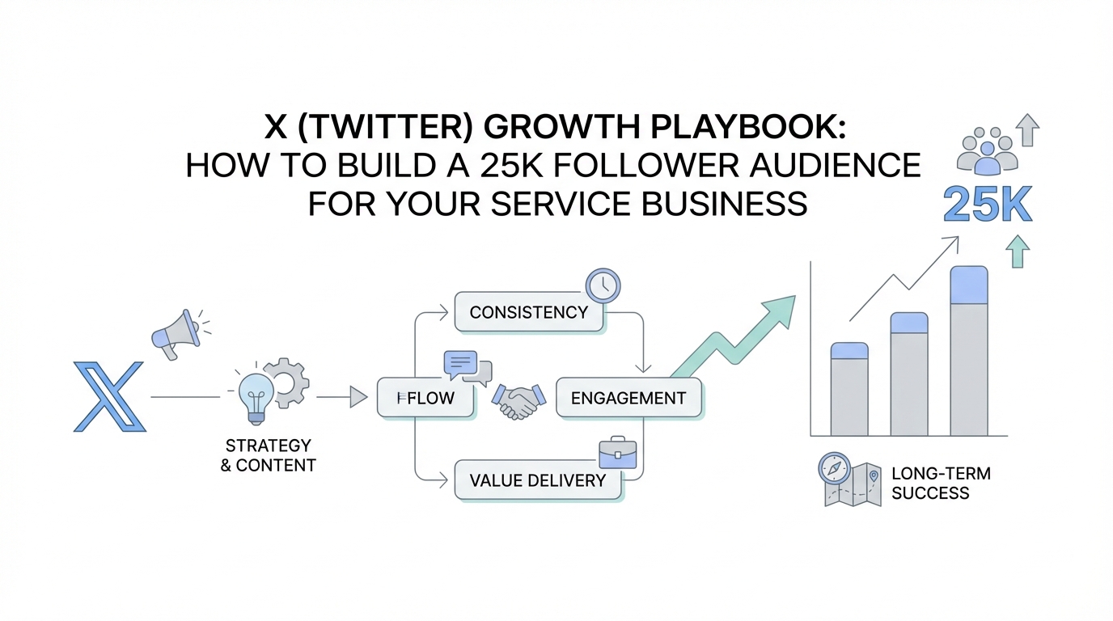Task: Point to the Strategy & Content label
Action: [268, 455]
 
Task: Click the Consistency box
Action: [529, 312]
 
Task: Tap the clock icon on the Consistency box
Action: [603, 285]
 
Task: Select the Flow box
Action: [425, 397]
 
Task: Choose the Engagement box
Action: [628, 397]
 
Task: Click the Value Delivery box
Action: [538, 480]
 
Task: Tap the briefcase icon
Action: [617, 455]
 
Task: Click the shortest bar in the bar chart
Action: [849, 389]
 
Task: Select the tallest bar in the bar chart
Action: [969, 350]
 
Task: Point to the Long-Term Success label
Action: [941, 483]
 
